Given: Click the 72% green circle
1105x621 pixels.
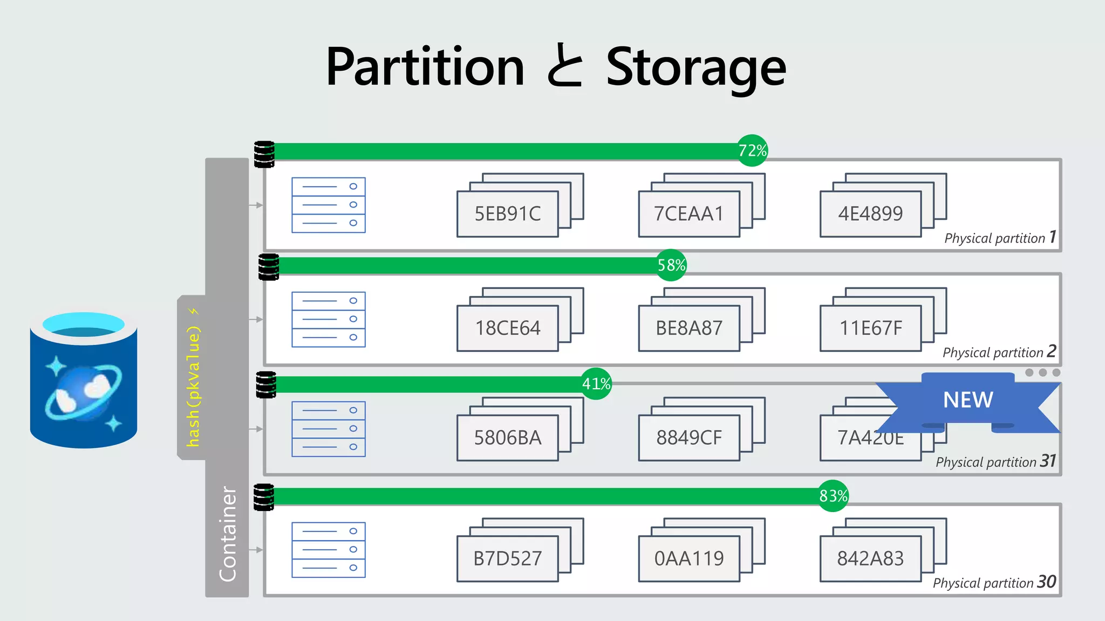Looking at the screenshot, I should (x=752, y=150).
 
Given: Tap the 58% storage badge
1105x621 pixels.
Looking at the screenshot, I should (x=671, y=265).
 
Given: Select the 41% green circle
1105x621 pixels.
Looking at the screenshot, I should (x=596, y=384).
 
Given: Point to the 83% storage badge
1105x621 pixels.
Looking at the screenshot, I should (x=833, y=496).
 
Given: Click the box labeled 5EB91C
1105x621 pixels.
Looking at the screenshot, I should (x=507, y=214).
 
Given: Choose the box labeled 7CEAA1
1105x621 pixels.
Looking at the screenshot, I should (x=688, y=214).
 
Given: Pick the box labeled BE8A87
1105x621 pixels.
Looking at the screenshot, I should (x=688, y=328).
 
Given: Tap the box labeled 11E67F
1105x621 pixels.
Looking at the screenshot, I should (x=870, y=328).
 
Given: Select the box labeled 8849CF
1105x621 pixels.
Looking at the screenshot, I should (x=688, y=438).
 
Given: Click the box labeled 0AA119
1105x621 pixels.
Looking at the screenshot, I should (x=688, y=558).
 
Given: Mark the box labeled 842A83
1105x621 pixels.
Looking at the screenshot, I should (x=870, y=558).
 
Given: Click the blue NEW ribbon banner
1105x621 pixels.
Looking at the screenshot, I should (x=968, y=401).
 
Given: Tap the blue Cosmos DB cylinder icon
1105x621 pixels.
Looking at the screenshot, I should (x=84, y=380).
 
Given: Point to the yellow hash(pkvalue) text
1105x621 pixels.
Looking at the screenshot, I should (x=193, y=385).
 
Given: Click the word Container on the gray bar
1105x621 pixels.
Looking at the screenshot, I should (x=228, y=534).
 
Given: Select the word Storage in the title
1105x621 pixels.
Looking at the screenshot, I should (x=696, y=67).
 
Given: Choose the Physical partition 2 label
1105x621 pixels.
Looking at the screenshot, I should (x=999, y=352).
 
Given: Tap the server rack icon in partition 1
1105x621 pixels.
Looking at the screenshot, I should (x=328, y=205).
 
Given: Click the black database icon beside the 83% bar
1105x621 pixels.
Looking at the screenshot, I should (x=264, y=497).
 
